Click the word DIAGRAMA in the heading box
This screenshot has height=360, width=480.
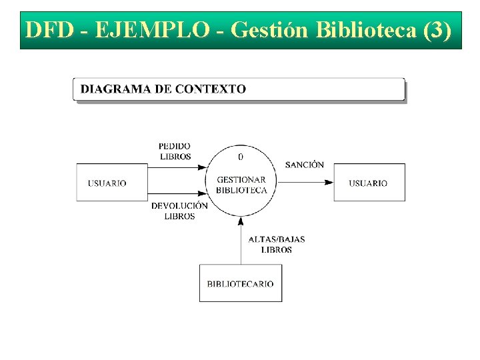coord(112,89)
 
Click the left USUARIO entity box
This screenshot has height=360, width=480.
coord(111,182)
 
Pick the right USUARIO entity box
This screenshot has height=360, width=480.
coord(369,182)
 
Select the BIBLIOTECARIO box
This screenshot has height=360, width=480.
coord(240,283)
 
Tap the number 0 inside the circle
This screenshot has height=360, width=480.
coord(241,157)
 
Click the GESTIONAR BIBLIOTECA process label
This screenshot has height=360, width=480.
coord(241,185)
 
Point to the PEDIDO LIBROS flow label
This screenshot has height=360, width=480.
coord(175,151)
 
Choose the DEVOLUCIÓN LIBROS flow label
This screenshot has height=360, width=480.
coord(179,211)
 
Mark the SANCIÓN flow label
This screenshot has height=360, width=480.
coord(305,165)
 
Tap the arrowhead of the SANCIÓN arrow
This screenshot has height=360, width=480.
coord(329,182)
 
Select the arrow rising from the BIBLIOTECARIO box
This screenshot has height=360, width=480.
coord(241,243)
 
